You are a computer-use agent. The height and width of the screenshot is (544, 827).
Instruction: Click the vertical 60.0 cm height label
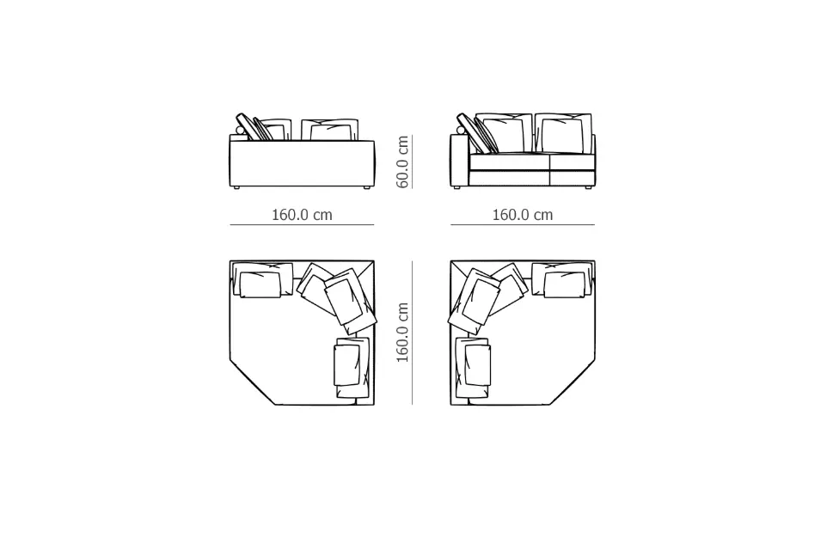coord(403,162)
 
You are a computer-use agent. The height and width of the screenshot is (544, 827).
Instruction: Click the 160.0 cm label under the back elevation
coord(302,215)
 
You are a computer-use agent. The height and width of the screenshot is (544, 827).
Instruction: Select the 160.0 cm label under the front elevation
coord(522,215)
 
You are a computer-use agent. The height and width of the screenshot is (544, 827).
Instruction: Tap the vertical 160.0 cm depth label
coord(403,333)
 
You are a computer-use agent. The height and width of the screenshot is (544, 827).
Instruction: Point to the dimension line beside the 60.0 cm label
coord(413,162)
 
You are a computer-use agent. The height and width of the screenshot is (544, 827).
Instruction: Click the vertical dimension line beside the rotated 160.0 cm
coord(413,333)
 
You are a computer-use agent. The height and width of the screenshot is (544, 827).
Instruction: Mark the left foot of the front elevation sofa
coord(456,187)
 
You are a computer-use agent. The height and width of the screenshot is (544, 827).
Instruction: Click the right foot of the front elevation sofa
coord(587,187)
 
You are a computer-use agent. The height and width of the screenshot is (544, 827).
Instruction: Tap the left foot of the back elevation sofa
coord(236,187)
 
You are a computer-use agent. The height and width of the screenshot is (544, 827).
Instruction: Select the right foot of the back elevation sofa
coord(366,187)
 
